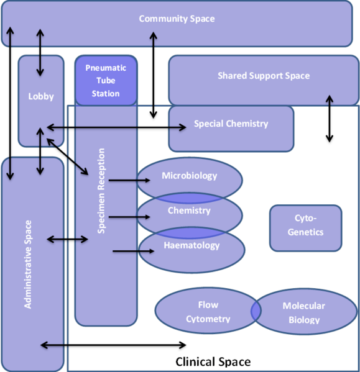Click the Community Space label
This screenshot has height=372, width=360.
click(x=177, y=19)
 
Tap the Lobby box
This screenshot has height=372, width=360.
click(x=41, y=96)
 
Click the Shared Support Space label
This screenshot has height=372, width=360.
click(x=263, y=76)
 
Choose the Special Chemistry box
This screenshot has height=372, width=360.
click(x=231, y=124)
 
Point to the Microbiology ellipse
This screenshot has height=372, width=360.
click(x=190, y=176)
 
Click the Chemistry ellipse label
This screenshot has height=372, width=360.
click(x=189, y=211)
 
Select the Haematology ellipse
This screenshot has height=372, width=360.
click(x=192, y=246)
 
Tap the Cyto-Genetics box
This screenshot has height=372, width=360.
click(x=305, y=225)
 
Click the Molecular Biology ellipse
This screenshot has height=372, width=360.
click(x=303, y=312)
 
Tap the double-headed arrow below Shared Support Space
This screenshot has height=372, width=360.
click(x=329, y=120)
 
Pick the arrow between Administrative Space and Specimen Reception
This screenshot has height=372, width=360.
click(x=68, y=239)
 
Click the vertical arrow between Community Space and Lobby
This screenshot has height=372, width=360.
click(x=40, y=44)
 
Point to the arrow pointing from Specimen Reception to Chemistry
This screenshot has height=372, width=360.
click(x=129, y=217)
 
